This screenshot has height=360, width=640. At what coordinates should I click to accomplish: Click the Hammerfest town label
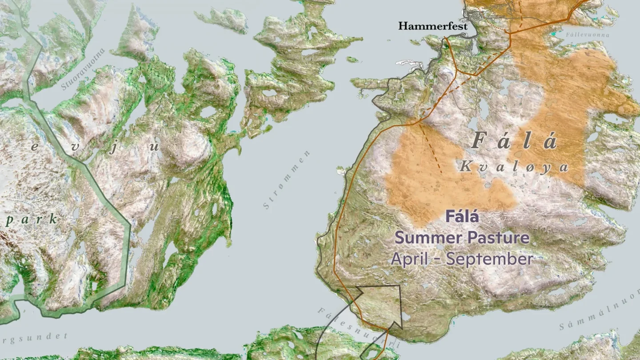[x=432, y=26]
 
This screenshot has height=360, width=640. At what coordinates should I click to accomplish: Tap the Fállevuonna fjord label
[x=588, y=35]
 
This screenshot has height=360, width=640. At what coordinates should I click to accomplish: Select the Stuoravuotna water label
[x=83, y=69]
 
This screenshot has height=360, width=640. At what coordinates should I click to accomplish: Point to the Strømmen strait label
[x=286, y=180]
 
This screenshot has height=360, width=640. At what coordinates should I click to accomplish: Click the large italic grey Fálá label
[x=514, y=141]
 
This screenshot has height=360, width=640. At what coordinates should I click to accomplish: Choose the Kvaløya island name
[x=514, y=167]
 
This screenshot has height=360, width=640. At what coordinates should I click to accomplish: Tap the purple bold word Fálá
[x=462, y=217]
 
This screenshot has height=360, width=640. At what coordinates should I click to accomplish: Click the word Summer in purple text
[x=428, y=238]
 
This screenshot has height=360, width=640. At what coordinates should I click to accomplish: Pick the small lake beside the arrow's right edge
[x=406, y=316]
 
